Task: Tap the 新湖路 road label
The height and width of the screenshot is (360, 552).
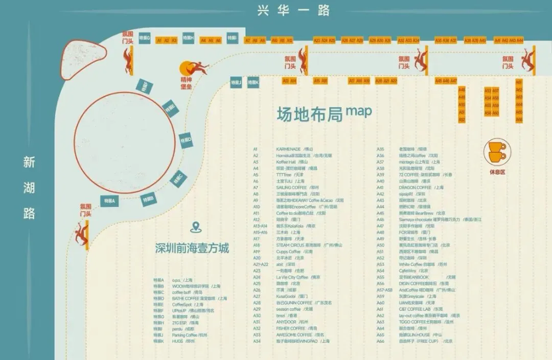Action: click(x=29, y=188)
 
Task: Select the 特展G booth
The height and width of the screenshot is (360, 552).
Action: click(x=145, y=38)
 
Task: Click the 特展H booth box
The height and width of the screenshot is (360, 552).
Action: click(x=189, y=38)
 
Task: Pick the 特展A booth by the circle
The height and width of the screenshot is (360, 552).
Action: click(x=110, y=201)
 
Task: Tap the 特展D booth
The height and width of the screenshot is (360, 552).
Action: click(x=186, y=140)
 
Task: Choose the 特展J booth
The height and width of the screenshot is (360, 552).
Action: click(x=236, y=82)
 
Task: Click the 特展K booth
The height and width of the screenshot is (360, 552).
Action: click(x=253, y=82)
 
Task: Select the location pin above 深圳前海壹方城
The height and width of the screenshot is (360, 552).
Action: click(x=194, y=228)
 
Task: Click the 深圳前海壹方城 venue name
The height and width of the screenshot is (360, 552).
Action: click(x=192, y=249)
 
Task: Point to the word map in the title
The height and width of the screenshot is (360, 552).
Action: click(x=359, y=110)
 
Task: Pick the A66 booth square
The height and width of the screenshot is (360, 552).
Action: click(x=519, y=120)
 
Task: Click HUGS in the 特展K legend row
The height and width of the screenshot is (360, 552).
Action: click(x=177, y=341)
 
